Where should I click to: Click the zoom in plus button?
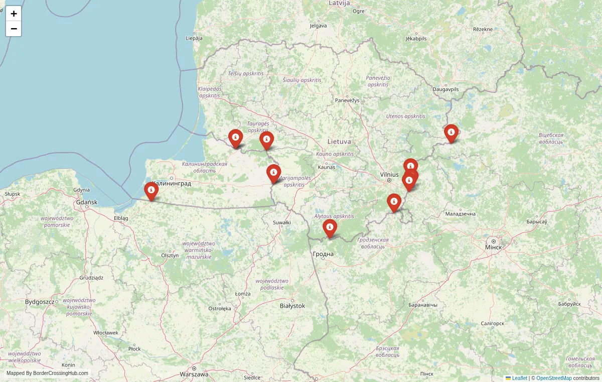[14, 14]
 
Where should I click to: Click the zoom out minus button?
[14, 29]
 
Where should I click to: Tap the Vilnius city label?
[389, 174]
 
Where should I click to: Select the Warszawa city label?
[194, 374]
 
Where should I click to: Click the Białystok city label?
[292, 305]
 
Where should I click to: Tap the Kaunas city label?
[326, 167]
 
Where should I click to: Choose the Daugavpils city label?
[445, 89]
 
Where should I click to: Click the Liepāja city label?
[194, 38]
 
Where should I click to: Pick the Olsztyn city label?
[170, 255]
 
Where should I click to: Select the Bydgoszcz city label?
[40, 302]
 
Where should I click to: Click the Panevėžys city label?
[348, 100]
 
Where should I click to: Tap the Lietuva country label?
[339, 142]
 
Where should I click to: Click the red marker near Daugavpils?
[451, 133]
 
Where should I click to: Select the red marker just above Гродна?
[330, 227]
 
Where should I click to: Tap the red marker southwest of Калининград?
[151, 191]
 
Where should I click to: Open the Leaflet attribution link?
[519, 378]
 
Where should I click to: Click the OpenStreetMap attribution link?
[554, 378]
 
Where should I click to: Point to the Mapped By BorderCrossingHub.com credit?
[47, 373]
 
